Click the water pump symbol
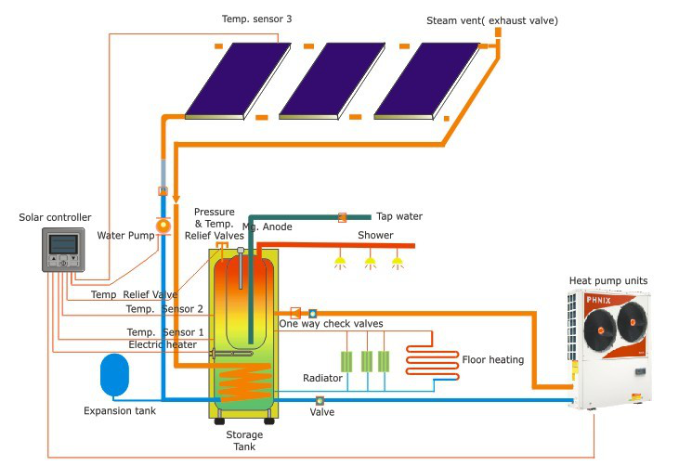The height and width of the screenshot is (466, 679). coord(163,226)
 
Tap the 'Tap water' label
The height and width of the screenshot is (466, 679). coord(399,216)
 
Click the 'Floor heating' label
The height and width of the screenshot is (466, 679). coord(492,359)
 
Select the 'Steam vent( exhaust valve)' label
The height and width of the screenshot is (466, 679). coord(492,19)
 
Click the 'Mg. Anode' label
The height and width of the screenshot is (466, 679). coord(268,227)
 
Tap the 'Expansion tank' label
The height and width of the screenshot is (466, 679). coord(120,410)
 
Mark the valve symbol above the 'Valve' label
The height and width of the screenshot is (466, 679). coord(320,400)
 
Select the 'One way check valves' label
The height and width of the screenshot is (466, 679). coord(332,323)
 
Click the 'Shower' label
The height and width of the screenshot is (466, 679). coord(375,235)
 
